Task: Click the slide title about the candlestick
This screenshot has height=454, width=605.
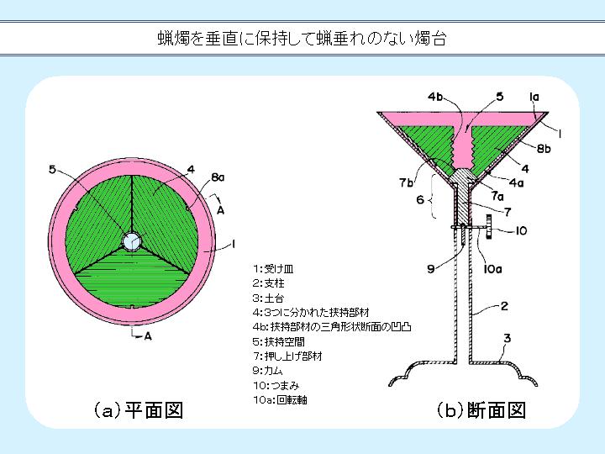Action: tap(302, 39)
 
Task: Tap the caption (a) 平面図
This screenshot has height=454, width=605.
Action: tap(139, 410)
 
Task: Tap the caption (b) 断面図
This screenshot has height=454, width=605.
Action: tap(481, 410)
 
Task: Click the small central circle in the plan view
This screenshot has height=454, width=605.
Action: tap(131, 241)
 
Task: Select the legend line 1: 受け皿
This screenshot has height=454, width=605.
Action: tap(273, 269)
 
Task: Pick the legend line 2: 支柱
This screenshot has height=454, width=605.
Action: tap(269, 283)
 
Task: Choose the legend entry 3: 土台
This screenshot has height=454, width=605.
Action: tap(269, 298)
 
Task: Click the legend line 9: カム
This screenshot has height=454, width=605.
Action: tap(268, 371)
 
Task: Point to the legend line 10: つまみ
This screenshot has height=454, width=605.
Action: tap(276, 385)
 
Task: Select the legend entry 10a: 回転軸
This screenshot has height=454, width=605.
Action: tap(280, 400)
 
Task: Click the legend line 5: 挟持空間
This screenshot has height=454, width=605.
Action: tap(279, 341)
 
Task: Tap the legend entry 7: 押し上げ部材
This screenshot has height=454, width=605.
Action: tap(287, 356)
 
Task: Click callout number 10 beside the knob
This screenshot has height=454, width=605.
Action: tap(521, 231)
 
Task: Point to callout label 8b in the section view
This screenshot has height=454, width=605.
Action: tap(544, 149)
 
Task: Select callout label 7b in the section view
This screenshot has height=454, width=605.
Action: tap(406, 182)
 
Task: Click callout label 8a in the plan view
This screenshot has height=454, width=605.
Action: tap(218, 177)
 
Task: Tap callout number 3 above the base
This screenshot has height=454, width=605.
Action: tap(507, 339)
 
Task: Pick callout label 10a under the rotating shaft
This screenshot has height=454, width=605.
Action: tap(492, 269)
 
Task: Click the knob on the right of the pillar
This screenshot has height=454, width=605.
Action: tap(489, 227)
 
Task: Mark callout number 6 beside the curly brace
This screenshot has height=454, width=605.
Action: tap(421, 199)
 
